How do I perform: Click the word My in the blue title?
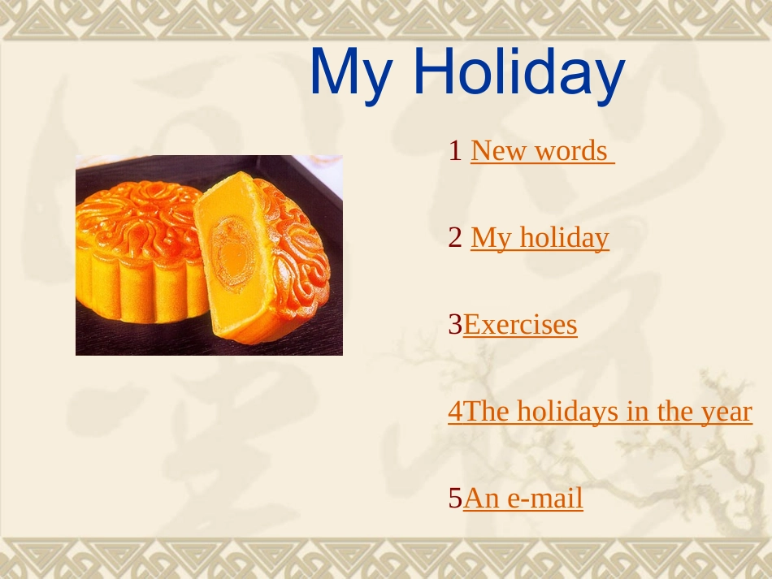(x=352, y=75)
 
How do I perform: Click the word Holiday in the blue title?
(x=519, y=72)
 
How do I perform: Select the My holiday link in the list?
(x=540, y=239)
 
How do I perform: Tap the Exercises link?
(x=520, y=325)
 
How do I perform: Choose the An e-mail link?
(x=523, y=499)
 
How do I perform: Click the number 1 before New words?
(x=455, y=150)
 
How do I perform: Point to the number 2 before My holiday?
(x=455, y=238)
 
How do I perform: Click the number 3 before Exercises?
(x=455, y=325)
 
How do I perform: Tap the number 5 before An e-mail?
(x=455, y=499)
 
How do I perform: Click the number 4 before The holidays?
(x=455, y=411)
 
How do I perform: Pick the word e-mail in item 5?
(x=545, y=499)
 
